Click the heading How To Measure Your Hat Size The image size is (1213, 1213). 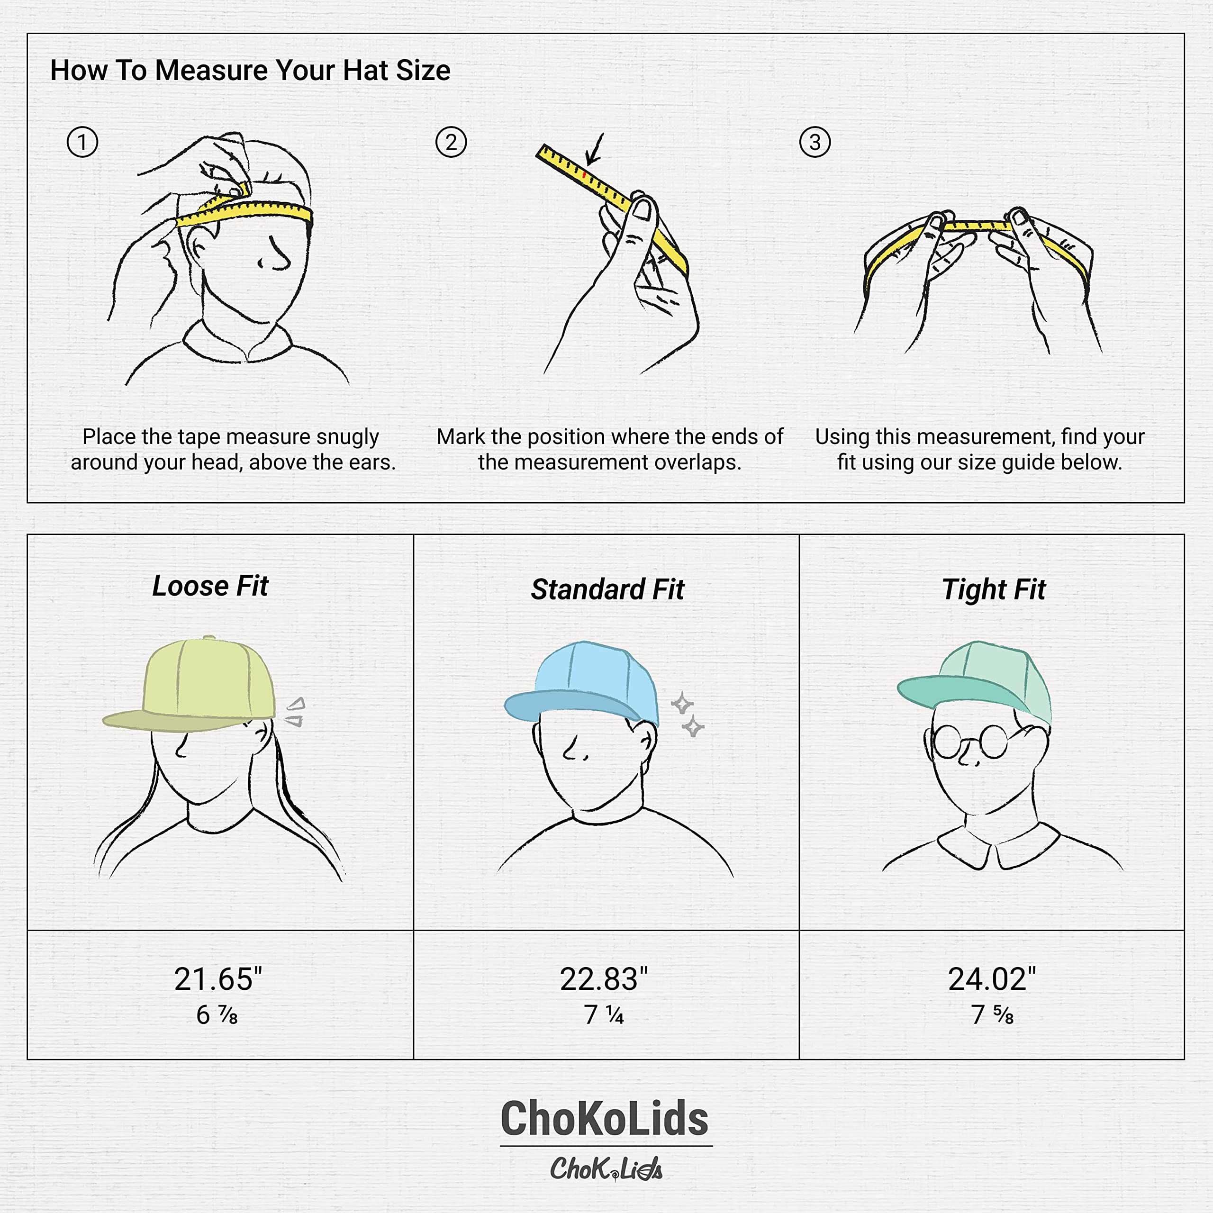(250, 70)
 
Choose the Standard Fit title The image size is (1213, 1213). (607, 589)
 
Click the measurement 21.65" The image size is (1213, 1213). (218, 979)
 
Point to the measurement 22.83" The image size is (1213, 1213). (603, 979)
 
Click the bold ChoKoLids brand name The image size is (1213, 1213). (605, 1119)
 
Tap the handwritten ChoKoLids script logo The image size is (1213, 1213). (606, 1168)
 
